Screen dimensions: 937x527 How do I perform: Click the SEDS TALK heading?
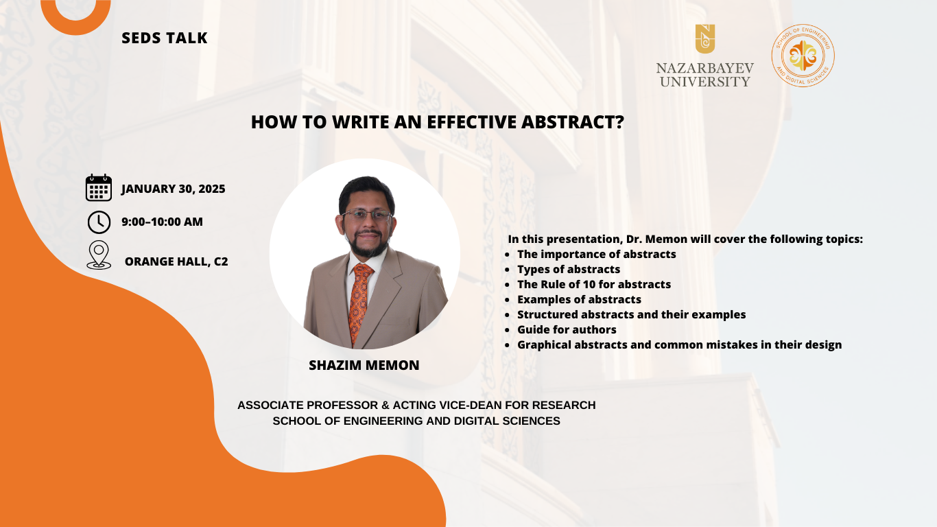coord(165,38)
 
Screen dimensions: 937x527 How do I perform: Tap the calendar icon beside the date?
coord(99,188)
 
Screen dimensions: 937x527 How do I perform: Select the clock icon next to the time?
coord(99,222)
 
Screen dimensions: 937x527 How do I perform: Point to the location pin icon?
coord(99,255)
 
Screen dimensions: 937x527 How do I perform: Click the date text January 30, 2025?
coord(173,189)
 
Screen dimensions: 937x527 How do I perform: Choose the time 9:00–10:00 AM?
coord(163,222)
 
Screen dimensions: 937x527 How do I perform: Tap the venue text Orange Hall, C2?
coord(176,261)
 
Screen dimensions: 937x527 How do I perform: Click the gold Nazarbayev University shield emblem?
coord(705,39)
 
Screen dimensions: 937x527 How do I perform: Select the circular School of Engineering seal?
coord(803,56)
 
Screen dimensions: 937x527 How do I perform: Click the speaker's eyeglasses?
coord(367,215)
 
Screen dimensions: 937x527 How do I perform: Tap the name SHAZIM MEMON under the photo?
coord(364,366)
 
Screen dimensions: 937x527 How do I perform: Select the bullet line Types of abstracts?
coord(569,269)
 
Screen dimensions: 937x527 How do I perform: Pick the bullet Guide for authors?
coord(567,329)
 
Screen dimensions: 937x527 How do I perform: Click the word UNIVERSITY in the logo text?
coord(705,81)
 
